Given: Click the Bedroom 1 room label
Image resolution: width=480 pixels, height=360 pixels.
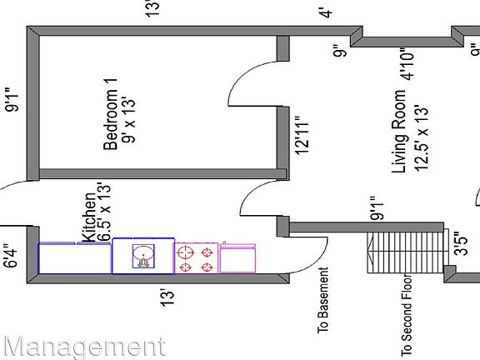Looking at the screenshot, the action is coord(111,114).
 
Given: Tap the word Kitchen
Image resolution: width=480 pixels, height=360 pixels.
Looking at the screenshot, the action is coord(89,218).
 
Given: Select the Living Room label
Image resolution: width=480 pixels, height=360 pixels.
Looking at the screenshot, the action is coord(399,132).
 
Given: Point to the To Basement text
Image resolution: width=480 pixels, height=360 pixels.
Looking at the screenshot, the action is coord(323,300).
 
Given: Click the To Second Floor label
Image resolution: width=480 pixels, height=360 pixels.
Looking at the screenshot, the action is coord(406,315).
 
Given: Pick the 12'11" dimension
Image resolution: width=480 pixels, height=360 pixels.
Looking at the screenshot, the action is coord(302,135).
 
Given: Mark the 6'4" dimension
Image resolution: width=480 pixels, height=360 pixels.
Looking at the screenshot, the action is coord(12,256).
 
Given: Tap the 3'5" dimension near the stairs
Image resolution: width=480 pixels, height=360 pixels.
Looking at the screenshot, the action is coord(461,243).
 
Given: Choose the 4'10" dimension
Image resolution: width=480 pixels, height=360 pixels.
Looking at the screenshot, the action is coord(407,63).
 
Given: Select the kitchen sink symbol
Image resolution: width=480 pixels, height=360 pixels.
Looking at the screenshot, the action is coord(143,256).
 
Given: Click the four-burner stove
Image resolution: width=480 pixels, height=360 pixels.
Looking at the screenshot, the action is coord(196,258).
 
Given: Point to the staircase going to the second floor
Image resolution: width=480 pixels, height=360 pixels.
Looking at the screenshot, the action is coord(405,252).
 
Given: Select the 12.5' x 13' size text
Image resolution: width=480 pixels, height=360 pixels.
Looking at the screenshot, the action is coord(422,138).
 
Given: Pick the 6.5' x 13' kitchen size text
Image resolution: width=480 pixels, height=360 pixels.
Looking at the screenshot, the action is coord(104,212).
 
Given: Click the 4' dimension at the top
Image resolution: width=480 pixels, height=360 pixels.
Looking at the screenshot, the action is coord(327,13).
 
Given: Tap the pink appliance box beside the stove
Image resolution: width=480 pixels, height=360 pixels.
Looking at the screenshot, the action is coord(237,257).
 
